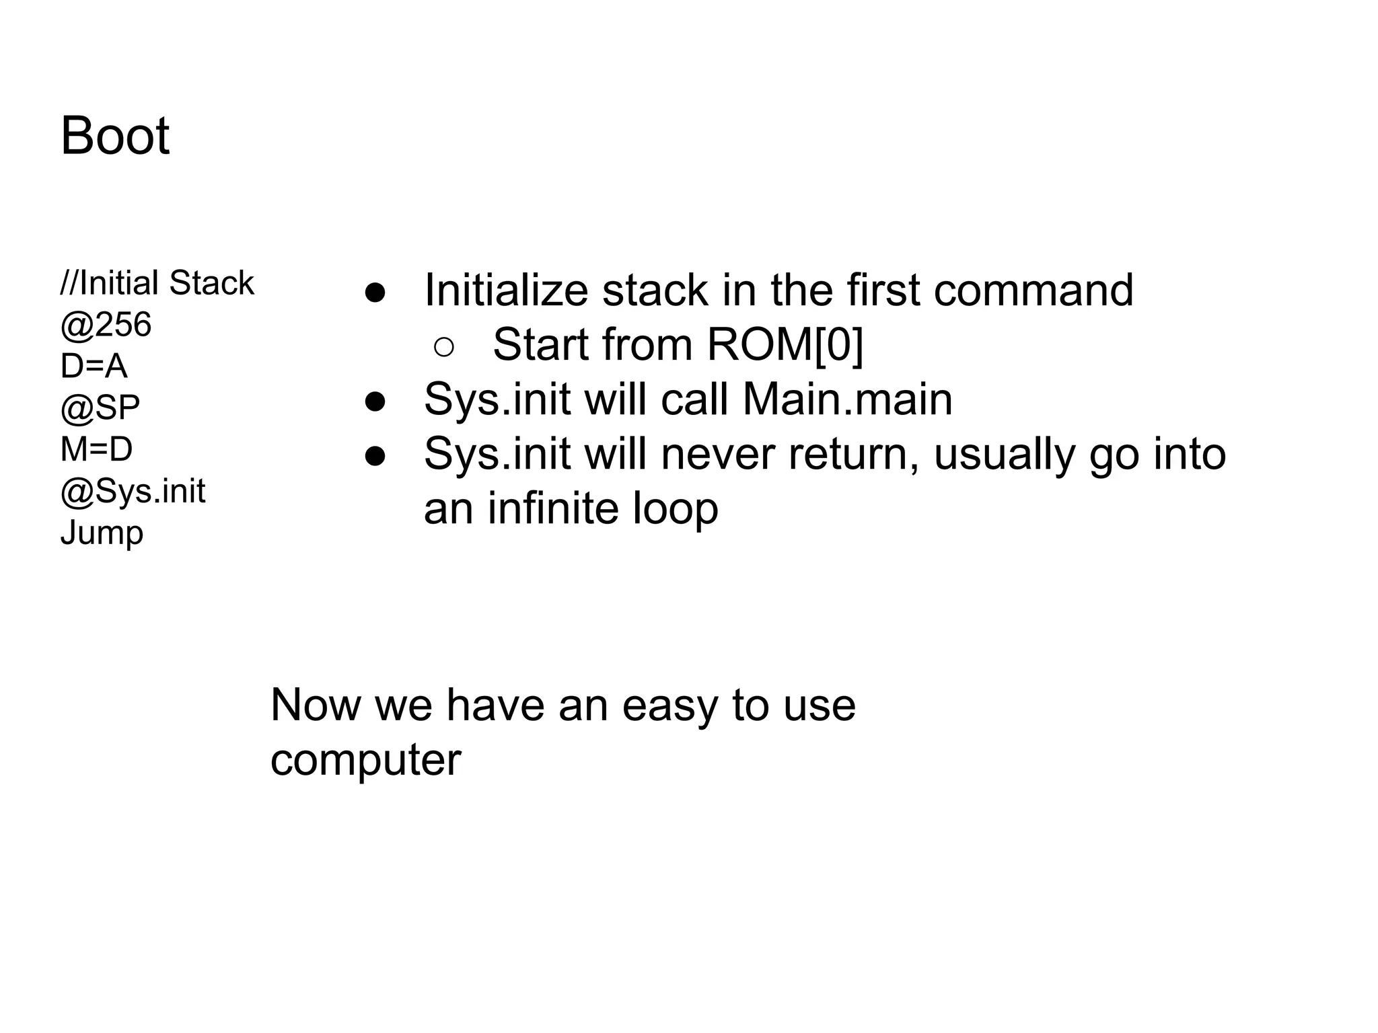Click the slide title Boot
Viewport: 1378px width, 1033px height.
pos(115,136)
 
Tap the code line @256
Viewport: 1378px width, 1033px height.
pos(106,325)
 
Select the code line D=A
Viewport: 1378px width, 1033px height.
pos(94,367)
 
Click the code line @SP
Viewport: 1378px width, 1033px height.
pos(100,408)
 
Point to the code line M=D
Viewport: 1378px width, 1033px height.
pos(96,449)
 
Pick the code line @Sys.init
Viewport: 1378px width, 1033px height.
pos(133,491)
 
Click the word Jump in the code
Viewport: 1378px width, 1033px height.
pos(102,533)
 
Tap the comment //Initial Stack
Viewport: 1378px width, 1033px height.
pos(157,283)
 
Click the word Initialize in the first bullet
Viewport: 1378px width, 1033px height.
pos(505,290)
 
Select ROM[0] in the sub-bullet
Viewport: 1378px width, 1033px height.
pos(785,344)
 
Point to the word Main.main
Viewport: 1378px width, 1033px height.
pos(847,399)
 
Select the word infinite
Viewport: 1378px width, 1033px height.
pos(552,508)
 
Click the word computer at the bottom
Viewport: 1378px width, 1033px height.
pos(365,760)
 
